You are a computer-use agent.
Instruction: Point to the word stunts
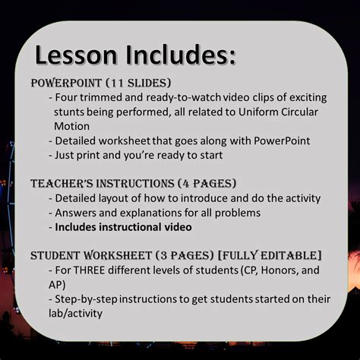coord(71,112)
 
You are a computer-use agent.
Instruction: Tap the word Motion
coord(72,126)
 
